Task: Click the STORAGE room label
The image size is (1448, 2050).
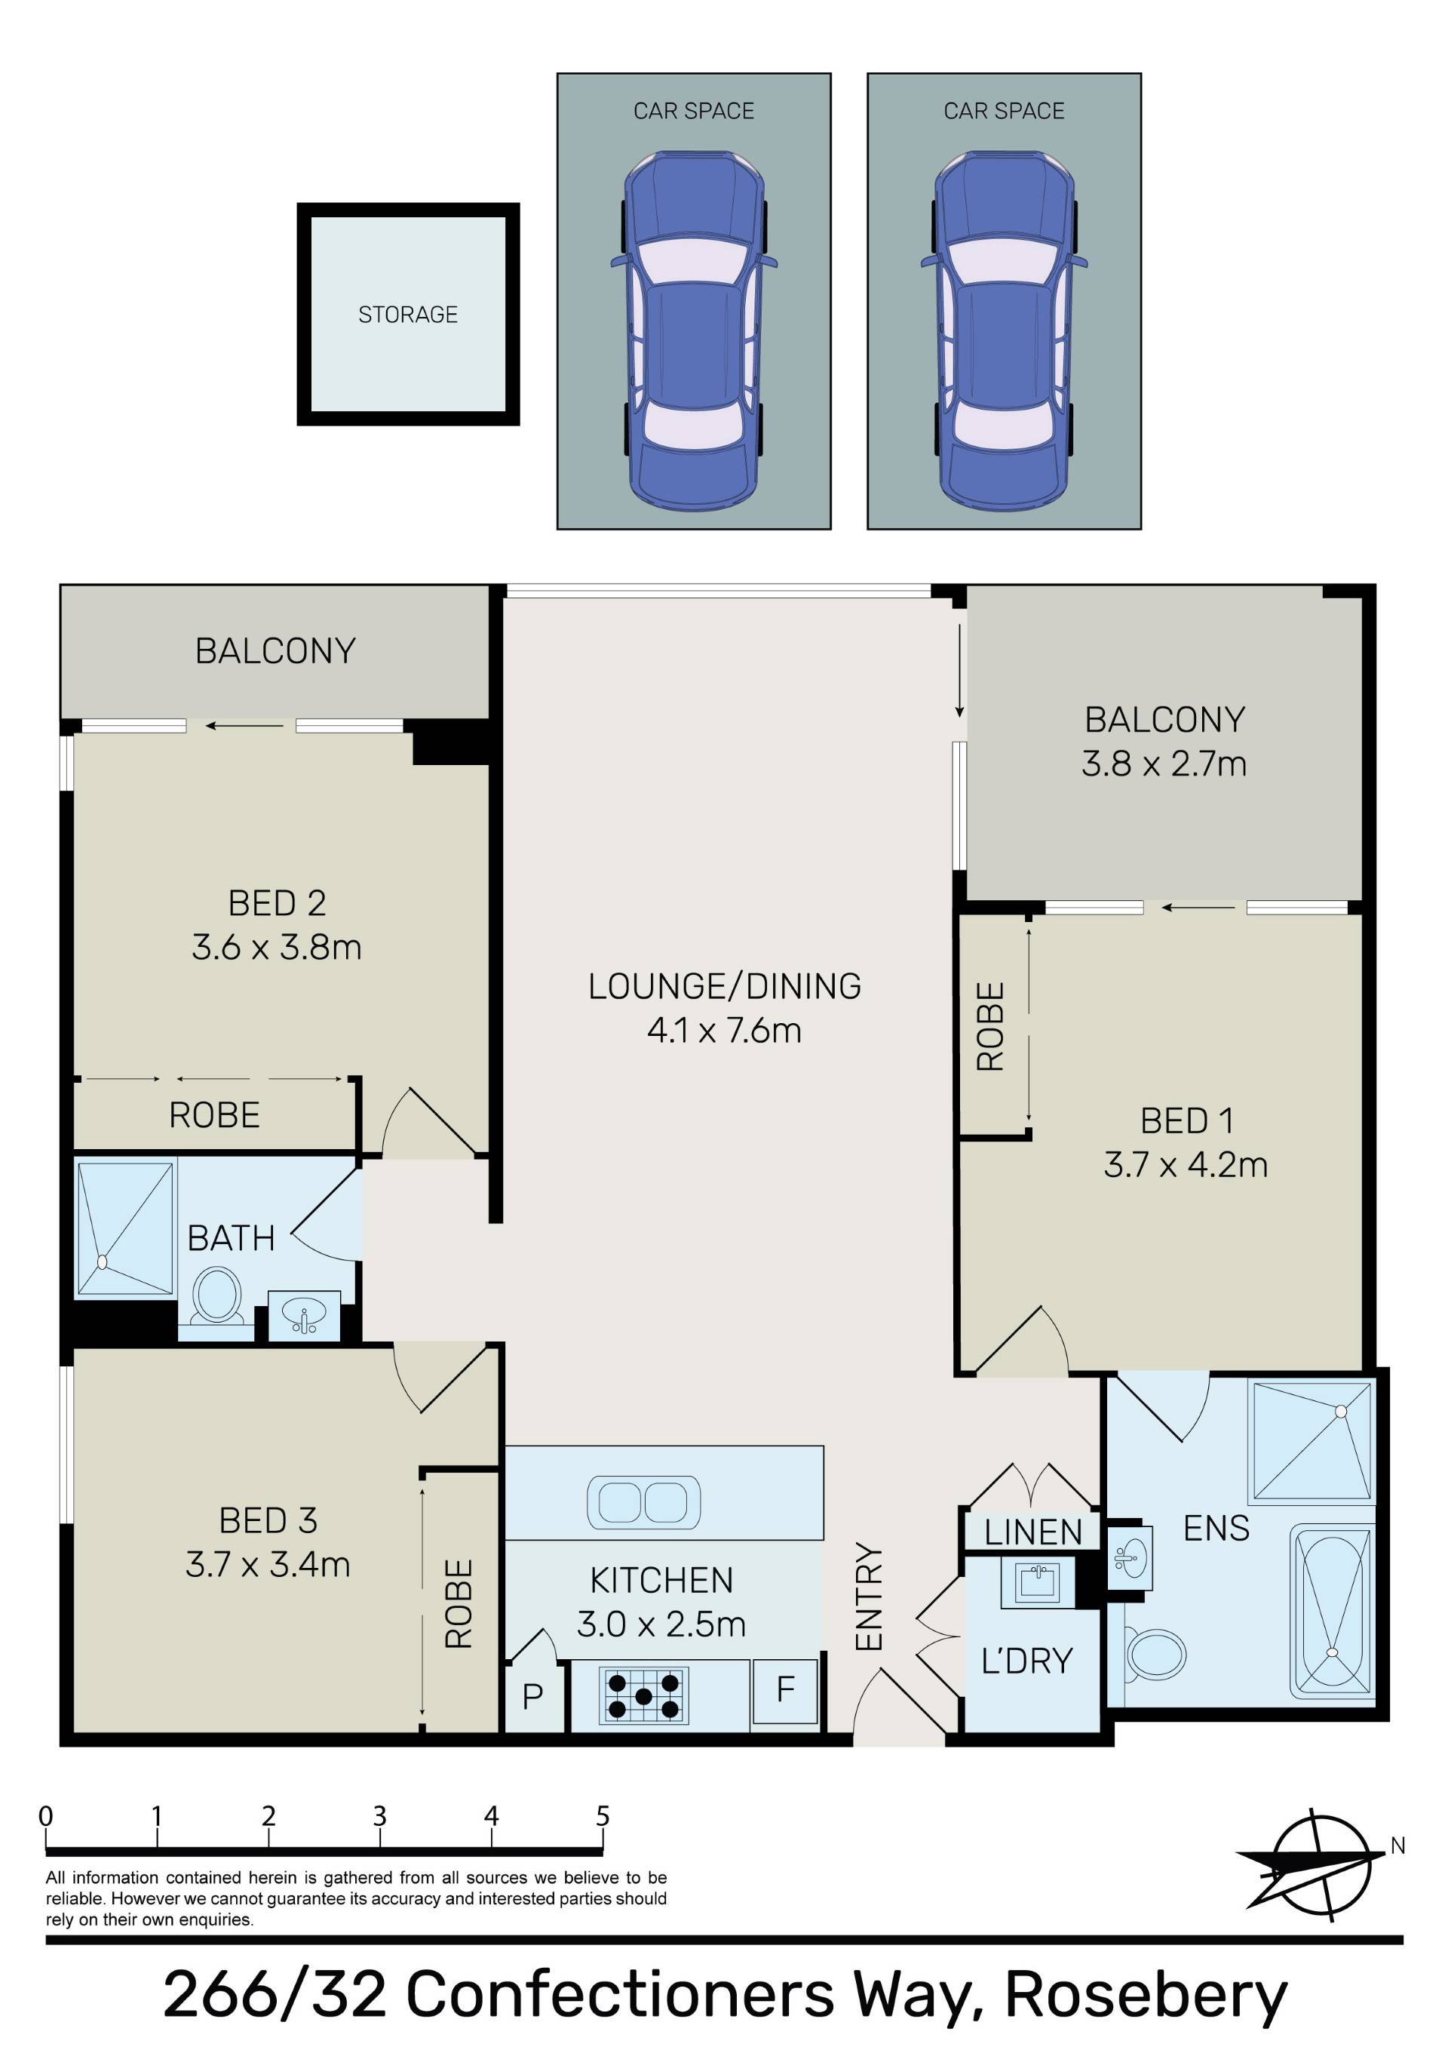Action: [x=408, y=315]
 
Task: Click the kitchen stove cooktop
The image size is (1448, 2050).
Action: [x=643, y=1695]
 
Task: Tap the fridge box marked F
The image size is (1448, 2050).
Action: [x=784, y=1691]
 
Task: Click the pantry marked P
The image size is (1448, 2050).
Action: [x=533, y=1695]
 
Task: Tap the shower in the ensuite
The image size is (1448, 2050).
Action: [x=1312, y=1442]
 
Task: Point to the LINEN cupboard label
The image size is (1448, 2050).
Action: [x=1033, y=1533]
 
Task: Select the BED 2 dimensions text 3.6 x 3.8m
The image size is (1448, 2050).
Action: [x=277, y=948]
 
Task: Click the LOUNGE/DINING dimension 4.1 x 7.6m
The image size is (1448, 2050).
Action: [x=724, y=1031]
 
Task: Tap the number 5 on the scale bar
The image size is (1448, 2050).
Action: [x=603, y=1816]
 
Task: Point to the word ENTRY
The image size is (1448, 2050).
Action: [x=869, y=1597]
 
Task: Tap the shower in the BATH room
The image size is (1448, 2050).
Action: [x=125, y=1228]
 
